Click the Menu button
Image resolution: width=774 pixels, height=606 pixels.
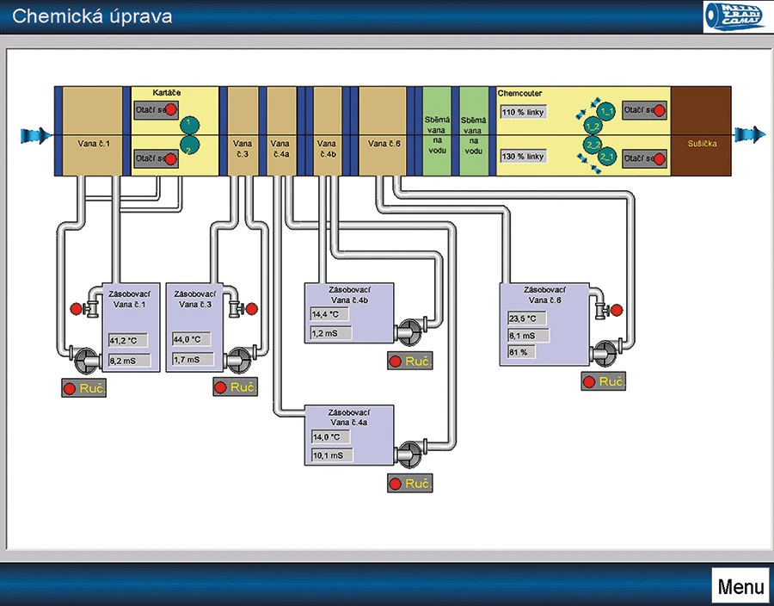point(740,587)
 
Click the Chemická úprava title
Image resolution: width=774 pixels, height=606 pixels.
point(92,16)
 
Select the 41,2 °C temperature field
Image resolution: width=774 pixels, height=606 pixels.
point(127,340)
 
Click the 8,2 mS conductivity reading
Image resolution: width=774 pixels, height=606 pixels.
point(127,361)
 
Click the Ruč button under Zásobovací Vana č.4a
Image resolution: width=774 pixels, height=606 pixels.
point(408,484)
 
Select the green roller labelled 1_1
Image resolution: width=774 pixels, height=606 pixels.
point(607,111)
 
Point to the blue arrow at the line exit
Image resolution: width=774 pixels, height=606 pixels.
point(748,134)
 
